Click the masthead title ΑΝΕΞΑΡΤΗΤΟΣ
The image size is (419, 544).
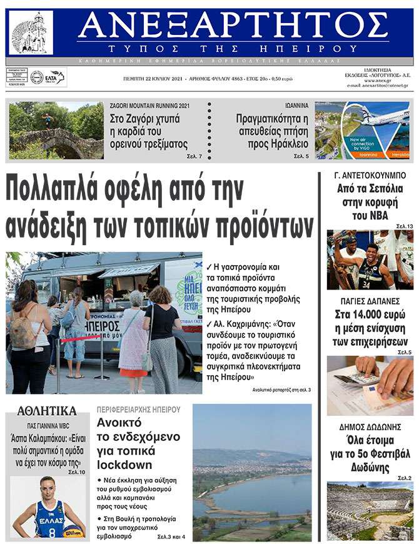[x=233, y=26]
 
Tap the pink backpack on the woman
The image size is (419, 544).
[x=23, y=331]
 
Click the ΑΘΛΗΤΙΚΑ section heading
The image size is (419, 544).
[x=47, y=411]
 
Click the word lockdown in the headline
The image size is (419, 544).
[x=124, y=465]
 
